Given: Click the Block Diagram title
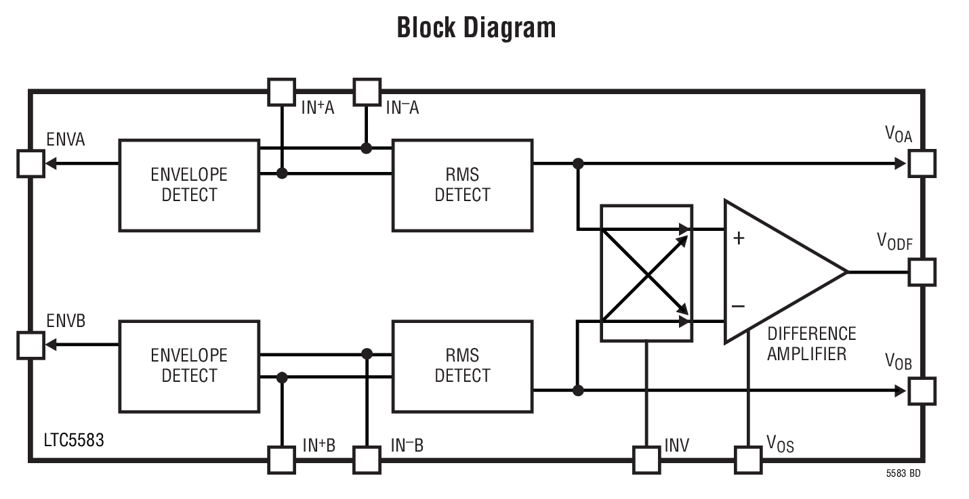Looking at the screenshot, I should click(x=476, y=28).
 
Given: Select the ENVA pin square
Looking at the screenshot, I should click(x=30, y=163).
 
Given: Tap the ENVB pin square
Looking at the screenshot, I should click(x=30, y=345).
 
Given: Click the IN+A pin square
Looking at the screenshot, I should click(x=282, y=92).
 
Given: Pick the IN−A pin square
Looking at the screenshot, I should click(x=367, y=92).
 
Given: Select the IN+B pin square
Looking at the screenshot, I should click(x=282, y=460).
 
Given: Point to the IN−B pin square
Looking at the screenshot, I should click(x=367, y=460).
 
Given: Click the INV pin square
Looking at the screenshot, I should click(x=646, y=460).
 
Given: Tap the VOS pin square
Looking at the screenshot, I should click(x=748, y=460).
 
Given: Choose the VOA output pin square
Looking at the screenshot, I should click(x=922, y=163).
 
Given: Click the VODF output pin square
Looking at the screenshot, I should click(x=922, y=272).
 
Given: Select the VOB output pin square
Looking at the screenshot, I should click(x=922, y=391).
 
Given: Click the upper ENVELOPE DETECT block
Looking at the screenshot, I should click(x=189, y=185).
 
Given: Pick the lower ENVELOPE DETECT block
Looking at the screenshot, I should click(x=189, y=366).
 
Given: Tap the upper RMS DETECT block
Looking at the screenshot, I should click(x=462, y=185).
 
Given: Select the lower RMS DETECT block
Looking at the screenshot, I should click(x=462, y=366).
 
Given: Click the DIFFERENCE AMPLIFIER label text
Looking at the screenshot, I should click(x=810, y=343).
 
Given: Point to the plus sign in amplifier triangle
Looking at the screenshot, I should click(x=739, y=238).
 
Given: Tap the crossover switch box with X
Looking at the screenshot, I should click(x=647, y=273).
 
